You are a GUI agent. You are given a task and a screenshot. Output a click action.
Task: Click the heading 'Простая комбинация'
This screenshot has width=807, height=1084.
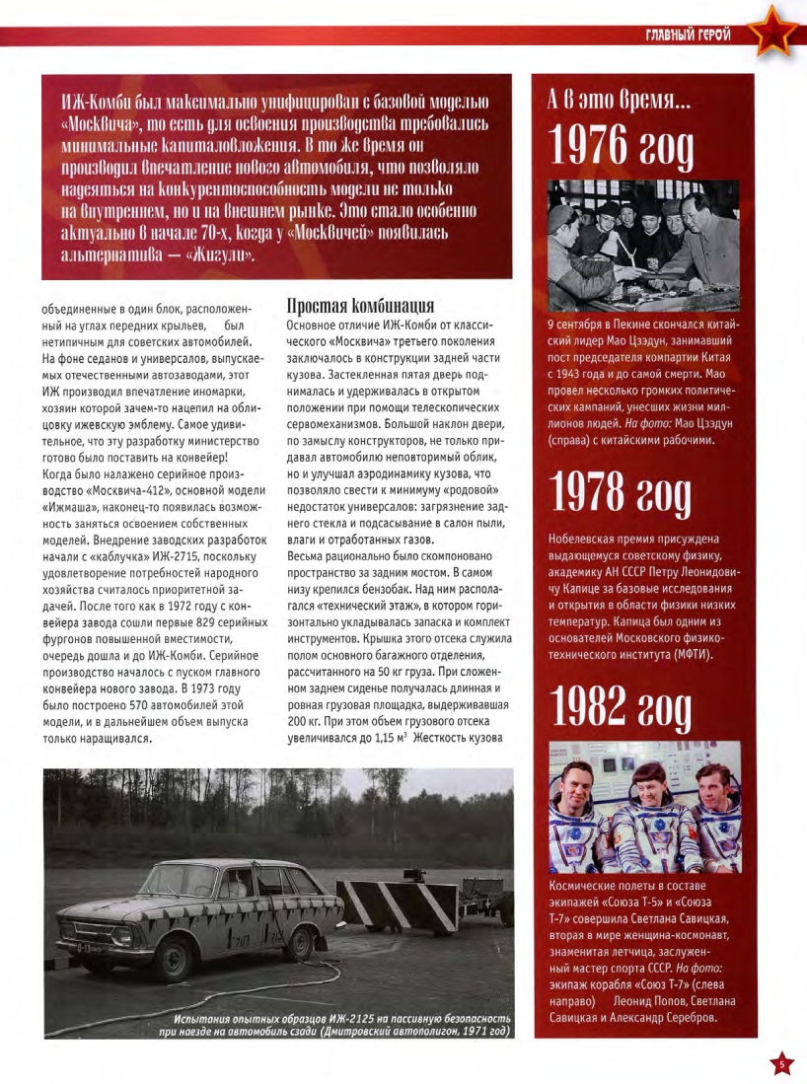point(360,306)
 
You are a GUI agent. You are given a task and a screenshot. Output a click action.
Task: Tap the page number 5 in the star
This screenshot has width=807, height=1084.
point(780,1063)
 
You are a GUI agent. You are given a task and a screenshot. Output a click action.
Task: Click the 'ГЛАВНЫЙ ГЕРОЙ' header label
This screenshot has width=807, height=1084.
point(688,36)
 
